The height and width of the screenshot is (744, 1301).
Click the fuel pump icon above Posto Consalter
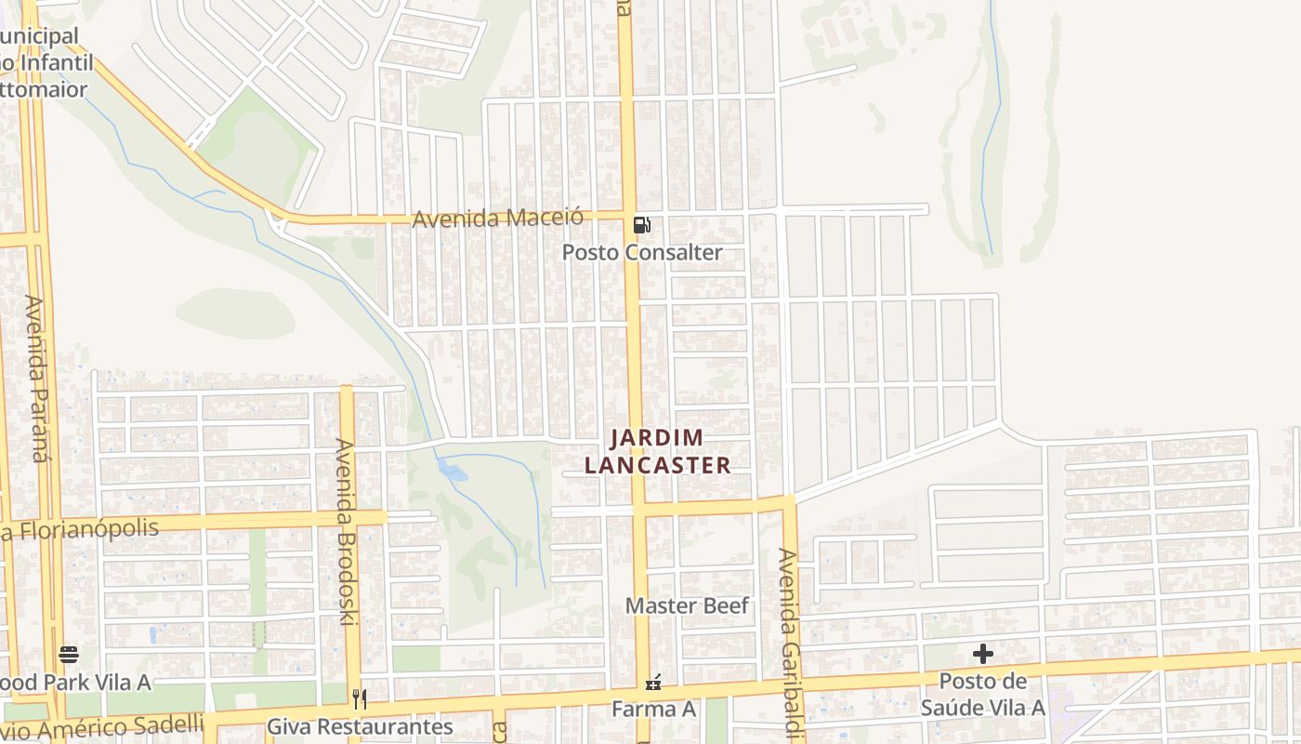[641, 224]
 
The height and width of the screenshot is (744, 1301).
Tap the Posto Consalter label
[642, 252]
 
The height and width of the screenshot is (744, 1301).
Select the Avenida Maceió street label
[498, 219]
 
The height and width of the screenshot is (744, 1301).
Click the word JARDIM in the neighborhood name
[657, 437]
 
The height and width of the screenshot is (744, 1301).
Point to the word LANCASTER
[657, 465]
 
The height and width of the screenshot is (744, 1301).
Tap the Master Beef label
[687, 605]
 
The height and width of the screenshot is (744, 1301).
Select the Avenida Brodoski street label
[346, 530]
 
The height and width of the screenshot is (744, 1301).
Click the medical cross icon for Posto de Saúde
[983, 654]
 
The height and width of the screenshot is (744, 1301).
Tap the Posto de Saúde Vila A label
[983, 694]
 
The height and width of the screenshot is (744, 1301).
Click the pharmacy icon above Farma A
[653, 683]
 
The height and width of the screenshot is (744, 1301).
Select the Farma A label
[653, 709]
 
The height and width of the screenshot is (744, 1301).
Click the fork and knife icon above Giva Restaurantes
[360, 698]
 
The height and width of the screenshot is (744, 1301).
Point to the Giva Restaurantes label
[360, 726]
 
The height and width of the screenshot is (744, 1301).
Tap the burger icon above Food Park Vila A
[69, 654]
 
